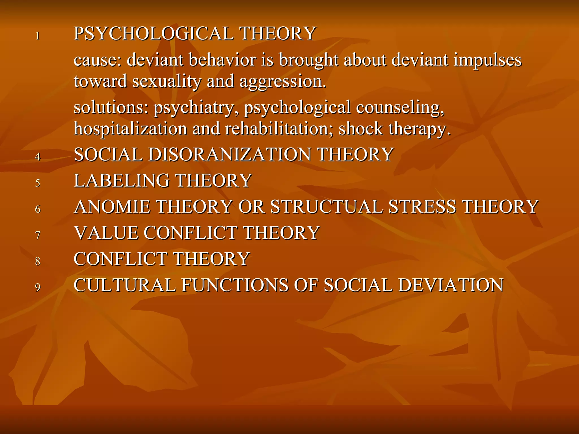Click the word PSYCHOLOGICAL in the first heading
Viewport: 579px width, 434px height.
154,34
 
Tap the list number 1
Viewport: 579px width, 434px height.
38,36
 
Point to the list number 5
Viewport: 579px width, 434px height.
38,183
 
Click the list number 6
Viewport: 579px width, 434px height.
38,209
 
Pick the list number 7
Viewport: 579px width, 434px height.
38,235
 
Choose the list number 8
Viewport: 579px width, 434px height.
38,261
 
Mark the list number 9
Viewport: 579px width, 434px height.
38,287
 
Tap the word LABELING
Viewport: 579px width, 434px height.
122,181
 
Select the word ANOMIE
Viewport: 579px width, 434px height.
112,207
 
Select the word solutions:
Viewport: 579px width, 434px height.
111,108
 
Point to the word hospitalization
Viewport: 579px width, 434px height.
130,129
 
